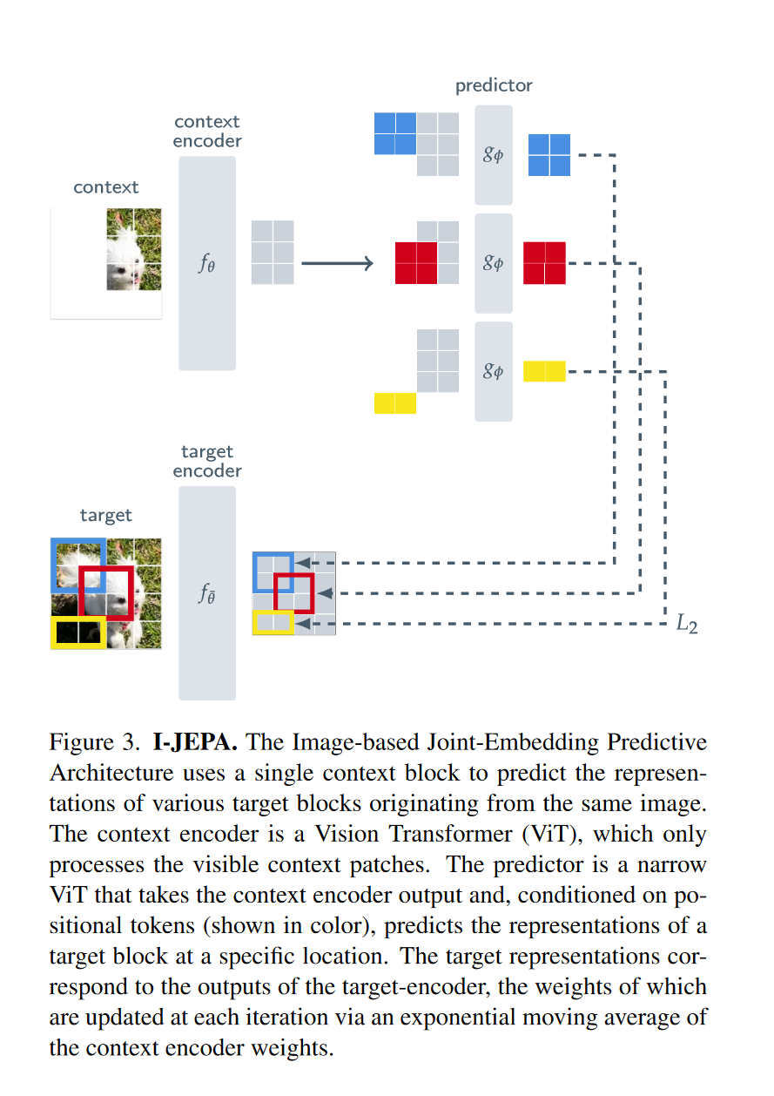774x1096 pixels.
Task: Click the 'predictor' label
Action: point(493,85)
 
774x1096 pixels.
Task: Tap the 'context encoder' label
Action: point(207,131)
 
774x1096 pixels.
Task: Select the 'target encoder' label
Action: point(207,461)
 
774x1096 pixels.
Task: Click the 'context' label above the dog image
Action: point(106,186)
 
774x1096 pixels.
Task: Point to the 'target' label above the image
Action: point(106,515)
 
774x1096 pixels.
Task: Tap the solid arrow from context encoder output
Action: point(337,262)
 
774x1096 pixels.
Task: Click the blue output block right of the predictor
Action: point(549,155)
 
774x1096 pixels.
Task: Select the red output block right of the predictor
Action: point(544,262)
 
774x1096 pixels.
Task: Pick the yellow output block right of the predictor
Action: point(544,371)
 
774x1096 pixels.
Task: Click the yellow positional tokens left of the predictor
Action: point(394,403)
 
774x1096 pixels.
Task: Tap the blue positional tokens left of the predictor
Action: point(394,133)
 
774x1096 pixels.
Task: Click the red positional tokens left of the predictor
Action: point(415,262)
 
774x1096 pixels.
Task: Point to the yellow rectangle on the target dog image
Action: point(78,633)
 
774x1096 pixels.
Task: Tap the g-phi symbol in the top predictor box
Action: point(493,155)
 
